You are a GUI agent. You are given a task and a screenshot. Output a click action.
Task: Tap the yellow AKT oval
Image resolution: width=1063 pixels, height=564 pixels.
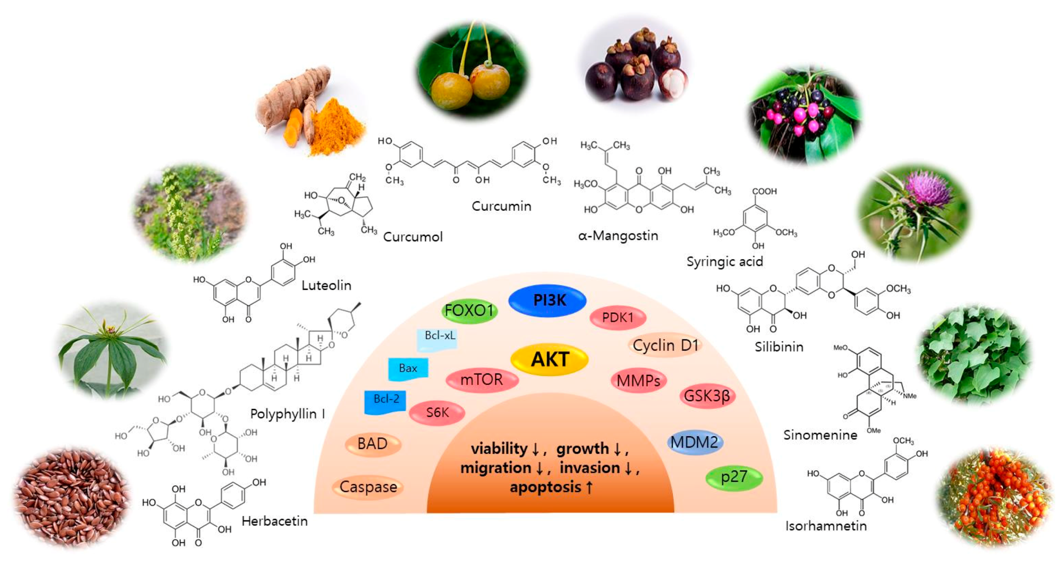(x=549, y=360)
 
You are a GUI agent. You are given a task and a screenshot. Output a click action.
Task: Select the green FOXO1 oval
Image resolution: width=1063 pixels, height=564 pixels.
(x=469, y=311)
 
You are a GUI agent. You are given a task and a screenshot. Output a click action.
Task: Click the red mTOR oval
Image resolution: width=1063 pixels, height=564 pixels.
(x=482, y=379)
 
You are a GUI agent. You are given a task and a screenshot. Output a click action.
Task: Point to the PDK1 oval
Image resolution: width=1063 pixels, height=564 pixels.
(x=618, y=318)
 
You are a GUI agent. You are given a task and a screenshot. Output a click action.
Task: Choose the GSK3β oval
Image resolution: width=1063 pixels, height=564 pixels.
(x=707, y=396)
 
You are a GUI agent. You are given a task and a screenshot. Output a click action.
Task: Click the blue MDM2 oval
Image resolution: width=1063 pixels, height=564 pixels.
(x=694, y=442)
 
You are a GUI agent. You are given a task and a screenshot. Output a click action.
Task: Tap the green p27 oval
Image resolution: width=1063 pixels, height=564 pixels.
(x=734, y=477)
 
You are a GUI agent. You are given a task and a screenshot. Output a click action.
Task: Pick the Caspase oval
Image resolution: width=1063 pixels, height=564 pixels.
(x=368, y=487)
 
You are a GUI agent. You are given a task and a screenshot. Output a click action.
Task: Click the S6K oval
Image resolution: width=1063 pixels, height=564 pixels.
(x=437, y=413)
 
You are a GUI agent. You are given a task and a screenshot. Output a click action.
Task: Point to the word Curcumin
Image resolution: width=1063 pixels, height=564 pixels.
(x=501, y=207)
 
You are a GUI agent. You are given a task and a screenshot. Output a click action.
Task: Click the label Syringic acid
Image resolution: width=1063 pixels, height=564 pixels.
(x=724, y=262)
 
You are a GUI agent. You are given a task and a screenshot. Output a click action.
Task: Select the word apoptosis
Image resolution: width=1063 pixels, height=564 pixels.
(x=546, y=487)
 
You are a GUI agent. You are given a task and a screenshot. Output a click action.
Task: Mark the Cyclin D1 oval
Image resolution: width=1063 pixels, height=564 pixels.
(x=665, y=346)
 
